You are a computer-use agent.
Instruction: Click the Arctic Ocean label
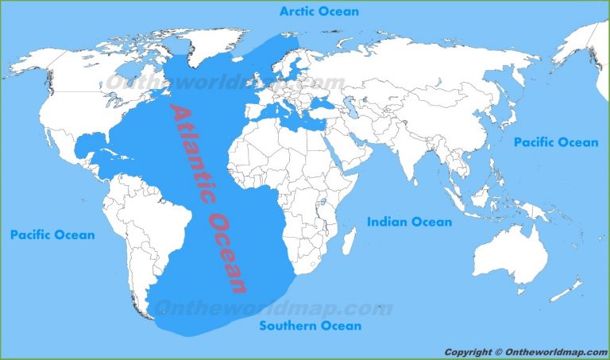coord(319,11)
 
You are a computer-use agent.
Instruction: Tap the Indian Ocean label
coord(409,222)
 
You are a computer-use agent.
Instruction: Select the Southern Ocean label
coord(311,325)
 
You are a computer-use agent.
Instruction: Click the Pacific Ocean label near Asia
coord(555,142)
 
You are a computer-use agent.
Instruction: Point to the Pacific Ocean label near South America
coord(52,234)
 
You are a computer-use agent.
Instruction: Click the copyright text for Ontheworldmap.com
coord(523,352)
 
